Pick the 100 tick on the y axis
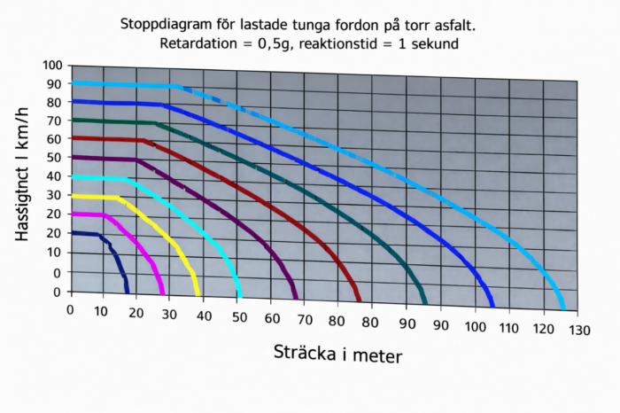coord(50,66)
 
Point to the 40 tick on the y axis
coord(53,177)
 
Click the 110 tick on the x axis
coord(507,329)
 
